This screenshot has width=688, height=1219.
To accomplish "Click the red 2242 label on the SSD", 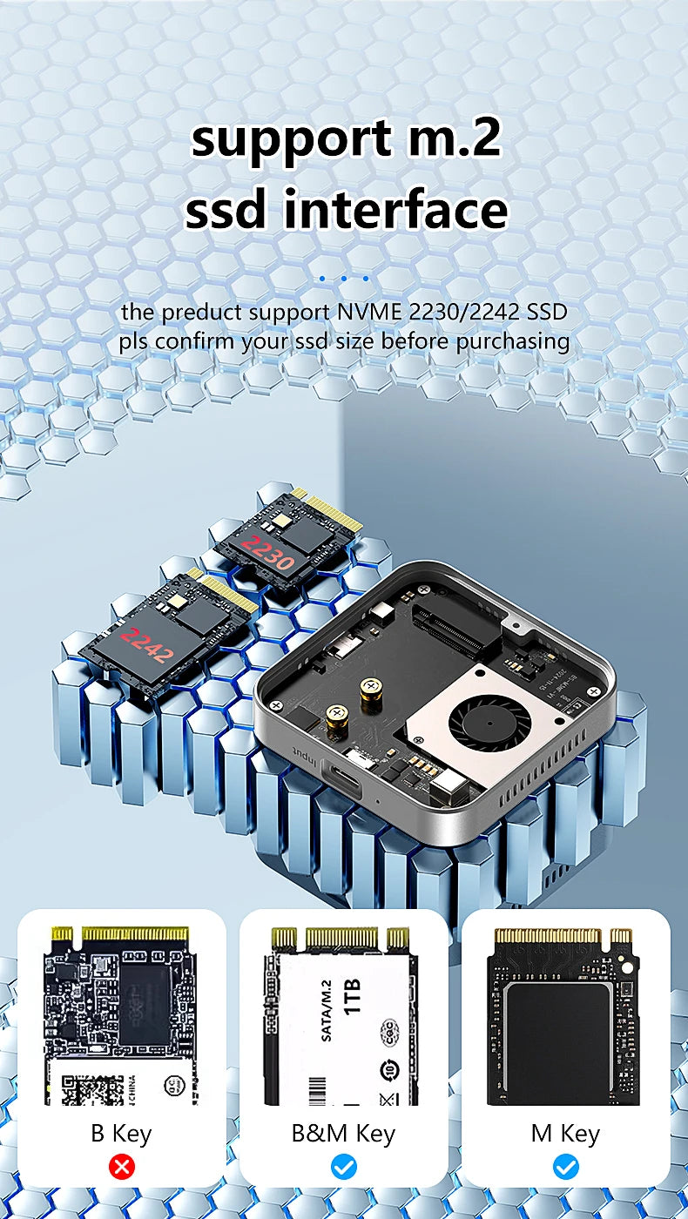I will (x=147, y=644).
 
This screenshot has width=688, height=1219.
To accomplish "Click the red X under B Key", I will (x=122, y=1167).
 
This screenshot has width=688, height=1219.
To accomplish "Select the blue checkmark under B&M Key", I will (x=344, y=1167).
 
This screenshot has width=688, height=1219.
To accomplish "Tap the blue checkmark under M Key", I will (x=566, y=1167).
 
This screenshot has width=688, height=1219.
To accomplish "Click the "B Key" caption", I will (x=121, y=1134).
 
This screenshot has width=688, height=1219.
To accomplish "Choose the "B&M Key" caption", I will (x=343, y=1134).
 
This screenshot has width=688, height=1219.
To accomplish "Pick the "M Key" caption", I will (x=565, y=1134).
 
